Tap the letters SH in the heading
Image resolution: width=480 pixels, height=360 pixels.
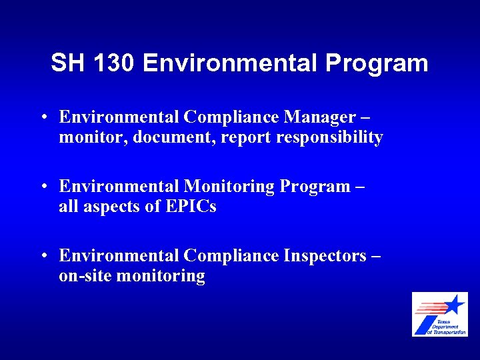[69, 63]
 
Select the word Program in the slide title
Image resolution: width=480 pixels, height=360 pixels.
[377, 64]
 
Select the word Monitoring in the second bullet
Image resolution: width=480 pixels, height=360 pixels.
[229, 187]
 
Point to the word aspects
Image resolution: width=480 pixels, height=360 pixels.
[111, 207]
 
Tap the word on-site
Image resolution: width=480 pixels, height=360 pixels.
[85, 276]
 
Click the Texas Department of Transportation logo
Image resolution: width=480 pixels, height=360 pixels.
[439, 314]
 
